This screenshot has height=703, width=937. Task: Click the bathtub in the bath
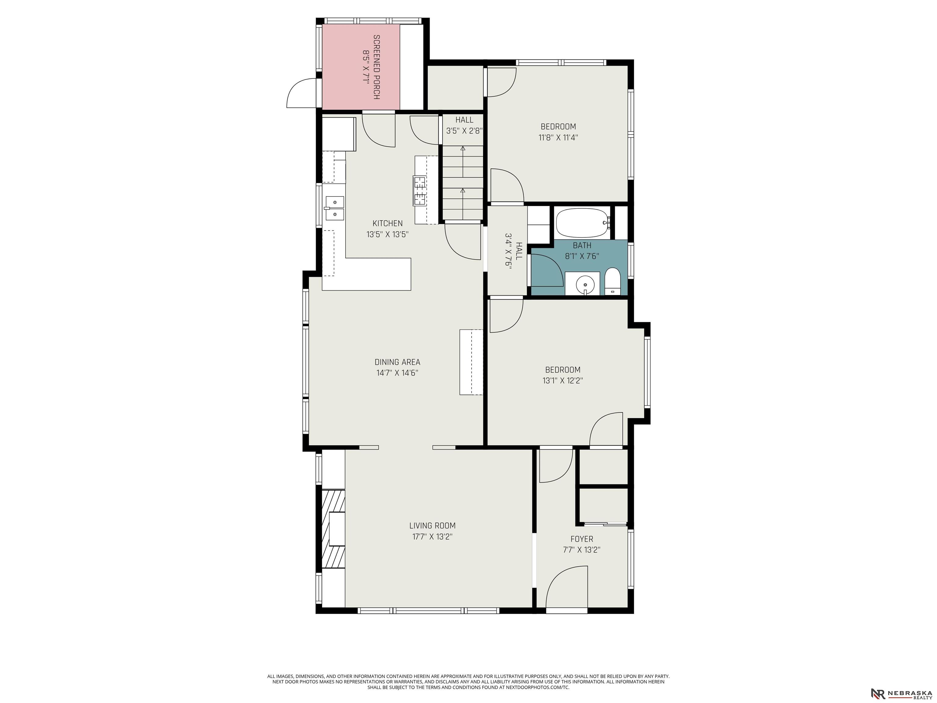click(583, 223)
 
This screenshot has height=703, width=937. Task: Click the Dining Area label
click(397, 362)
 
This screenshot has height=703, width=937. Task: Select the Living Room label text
click(432, 525)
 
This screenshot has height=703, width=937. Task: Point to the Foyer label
click(582, 539)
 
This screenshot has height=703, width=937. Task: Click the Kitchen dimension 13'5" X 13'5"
click(387, 234)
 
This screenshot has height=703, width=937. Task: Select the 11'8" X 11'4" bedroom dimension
click(558, 137)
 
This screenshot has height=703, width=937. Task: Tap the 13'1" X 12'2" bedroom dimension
click(562, 380)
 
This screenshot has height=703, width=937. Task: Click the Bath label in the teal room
click(582, 245)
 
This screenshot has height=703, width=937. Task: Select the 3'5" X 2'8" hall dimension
click(464, 131)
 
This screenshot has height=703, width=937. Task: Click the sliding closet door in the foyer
click(603, 524)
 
